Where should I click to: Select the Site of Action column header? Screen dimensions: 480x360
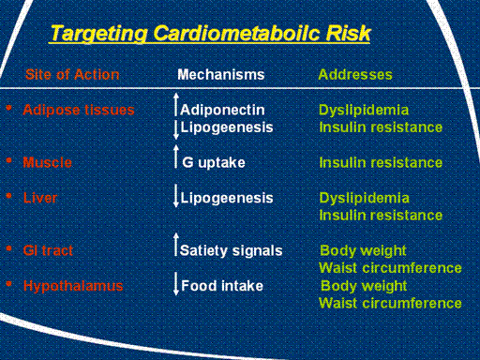72,75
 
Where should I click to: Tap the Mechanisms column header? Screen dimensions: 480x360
221,75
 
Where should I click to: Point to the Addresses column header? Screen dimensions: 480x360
355,75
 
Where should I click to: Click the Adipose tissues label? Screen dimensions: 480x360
79,110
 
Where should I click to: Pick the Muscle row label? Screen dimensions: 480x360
48,162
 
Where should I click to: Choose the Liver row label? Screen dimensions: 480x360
40,198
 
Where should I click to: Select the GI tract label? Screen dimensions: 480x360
48,250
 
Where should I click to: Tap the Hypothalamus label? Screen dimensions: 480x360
73,286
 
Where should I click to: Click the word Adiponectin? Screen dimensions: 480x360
222,110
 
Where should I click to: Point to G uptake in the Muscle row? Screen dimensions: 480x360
214,162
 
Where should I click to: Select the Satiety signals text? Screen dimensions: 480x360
232,250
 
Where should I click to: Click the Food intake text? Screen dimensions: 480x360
222,286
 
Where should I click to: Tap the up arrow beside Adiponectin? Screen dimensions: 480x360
176,104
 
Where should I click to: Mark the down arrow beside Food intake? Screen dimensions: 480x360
176,283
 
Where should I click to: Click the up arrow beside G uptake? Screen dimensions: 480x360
176,157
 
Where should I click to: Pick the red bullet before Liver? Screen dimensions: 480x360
9,196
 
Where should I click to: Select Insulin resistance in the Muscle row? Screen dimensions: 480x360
381,162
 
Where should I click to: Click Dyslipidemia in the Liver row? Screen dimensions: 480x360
365,198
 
